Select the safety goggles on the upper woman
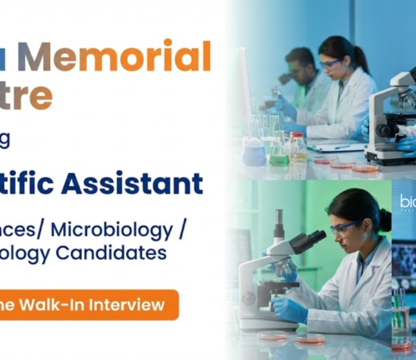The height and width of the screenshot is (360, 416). pyautogui.click(x=331, y=63)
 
